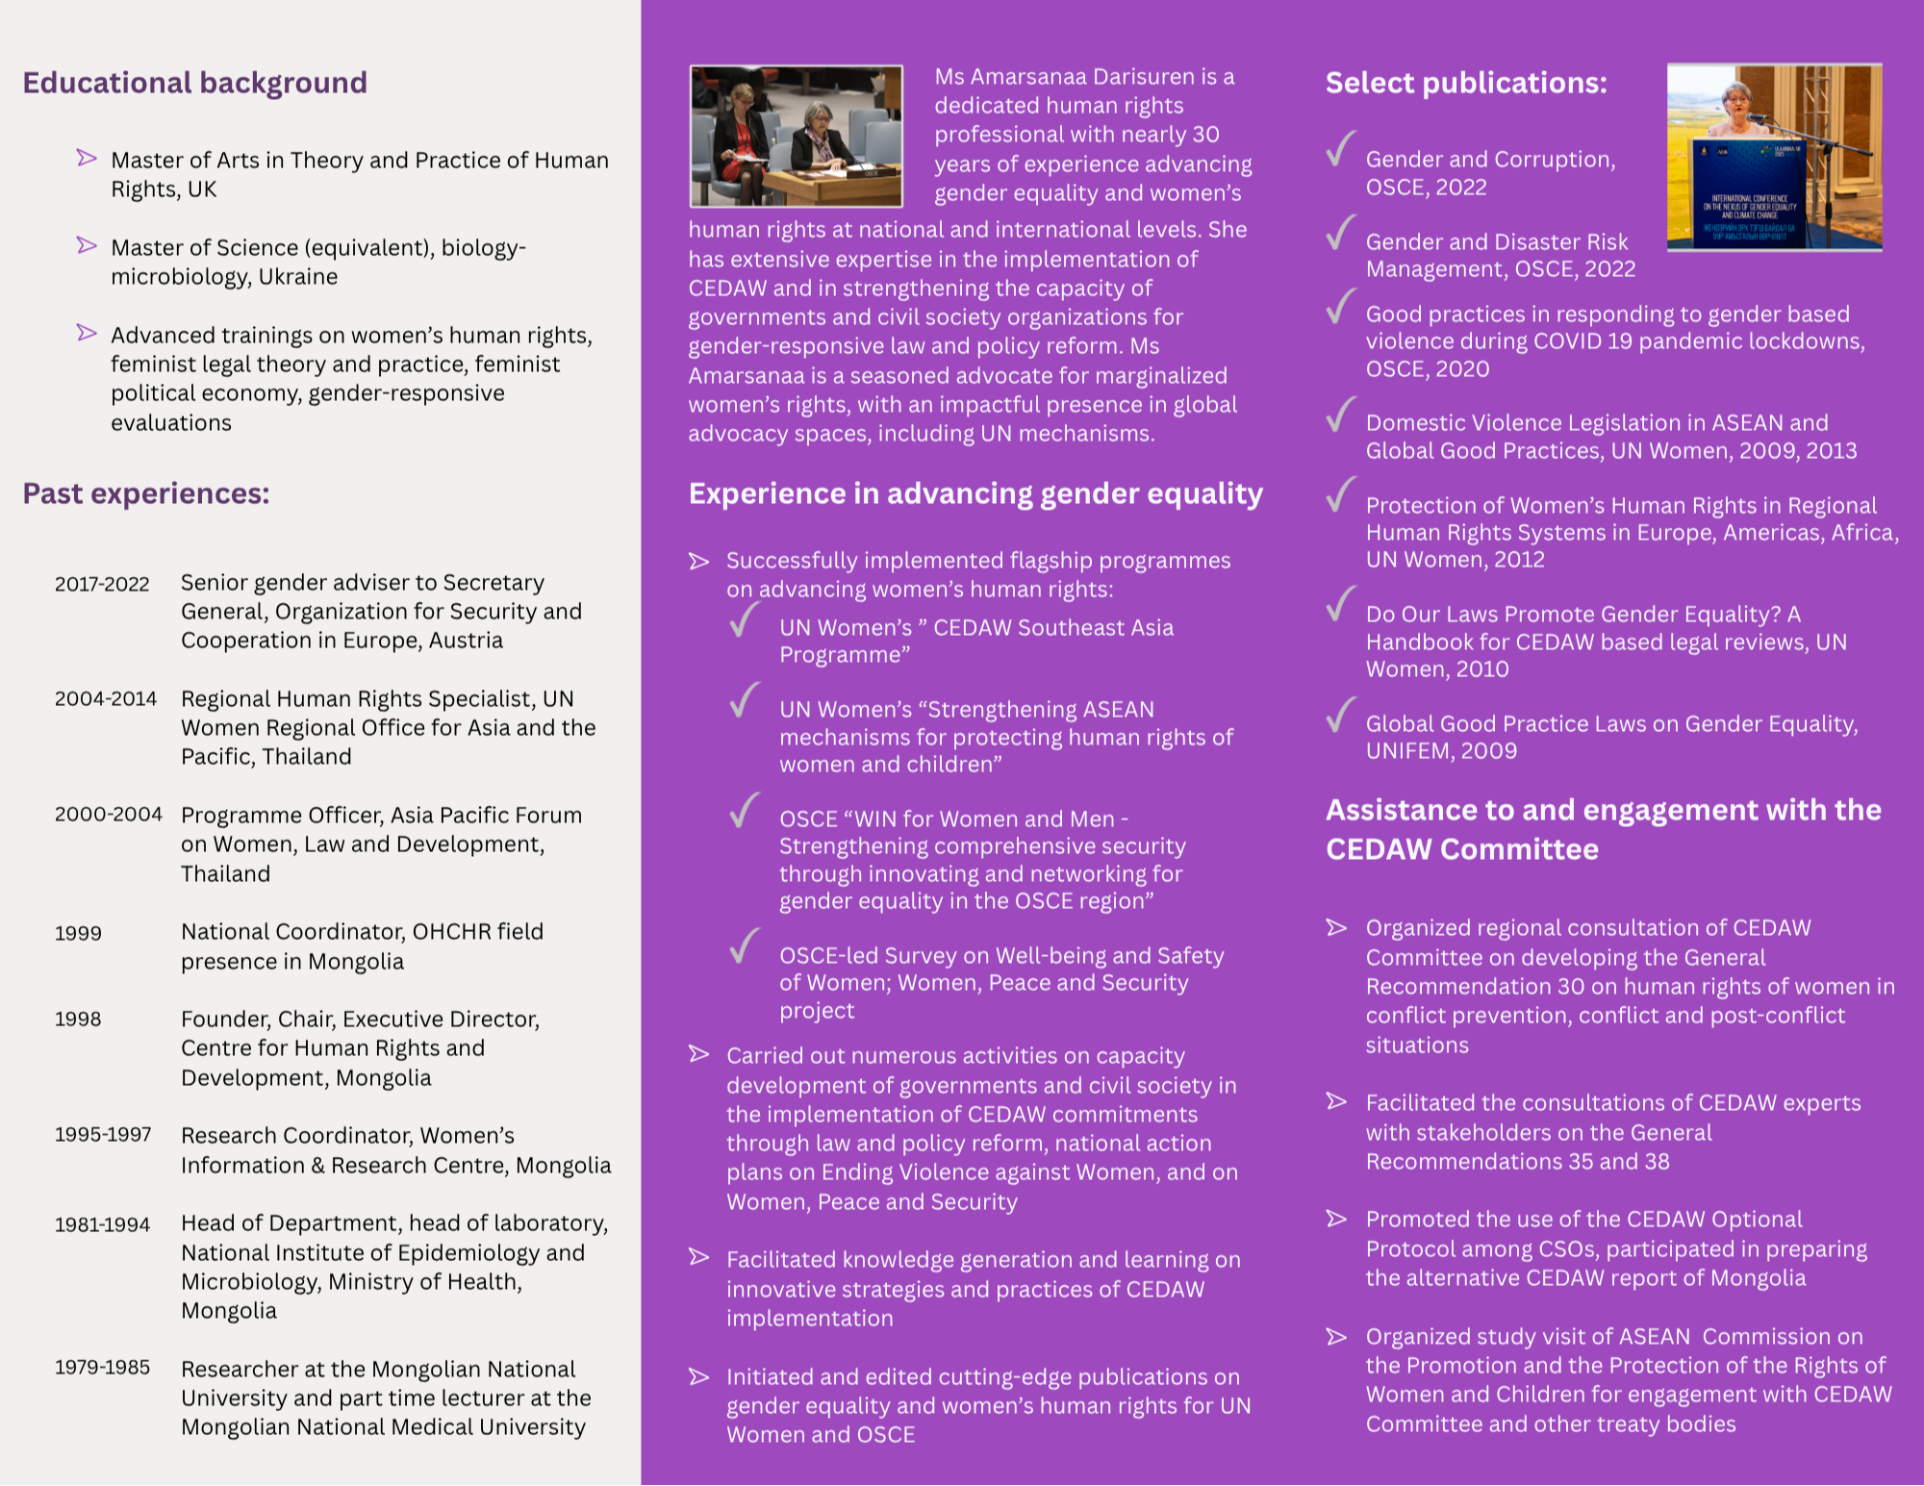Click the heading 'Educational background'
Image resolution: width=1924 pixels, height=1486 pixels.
point(194,83)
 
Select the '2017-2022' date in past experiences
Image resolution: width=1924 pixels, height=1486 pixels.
point(102,584)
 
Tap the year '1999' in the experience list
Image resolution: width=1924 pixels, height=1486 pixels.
point(78,933)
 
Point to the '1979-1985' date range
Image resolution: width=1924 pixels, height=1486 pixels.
point(102,1368)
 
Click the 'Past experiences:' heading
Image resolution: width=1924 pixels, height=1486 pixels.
point(146,493)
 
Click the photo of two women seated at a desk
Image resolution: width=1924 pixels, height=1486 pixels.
point(796,136)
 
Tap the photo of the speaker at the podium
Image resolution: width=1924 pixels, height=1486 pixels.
point(1774,157)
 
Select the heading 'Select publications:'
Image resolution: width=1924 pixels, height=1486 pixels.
point(1466,83)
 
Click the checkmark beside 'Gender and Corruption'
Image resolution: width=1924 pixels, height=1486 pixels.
point(1340,149)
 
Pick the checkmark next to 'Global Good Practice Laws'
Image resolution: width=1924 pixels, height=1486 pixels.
point(1340,715)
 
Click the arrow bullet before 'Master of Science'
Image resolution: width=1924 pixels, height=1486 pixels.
point(87,245)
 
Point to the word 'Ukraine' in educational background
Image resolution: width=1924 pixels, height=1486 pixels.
point(302,277)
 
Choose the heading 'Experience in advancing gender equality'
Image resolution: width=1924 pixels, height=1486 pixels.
point(975,493)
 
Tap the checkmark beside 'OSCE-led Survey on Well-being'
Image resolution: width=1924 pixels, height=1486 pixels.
point(745,945)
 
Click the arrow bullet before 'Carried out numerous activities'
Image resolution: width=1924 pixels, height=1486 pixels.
point(699,1055)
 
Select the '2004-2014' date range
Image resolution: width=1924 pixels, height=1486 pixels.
point(106,699)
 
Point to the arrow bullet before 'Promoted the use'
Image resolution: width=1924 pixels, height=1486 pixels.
point(1336,1219)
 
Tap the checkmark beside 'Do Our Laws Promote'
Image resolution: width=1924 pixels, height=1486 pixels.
point(1340,604)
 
